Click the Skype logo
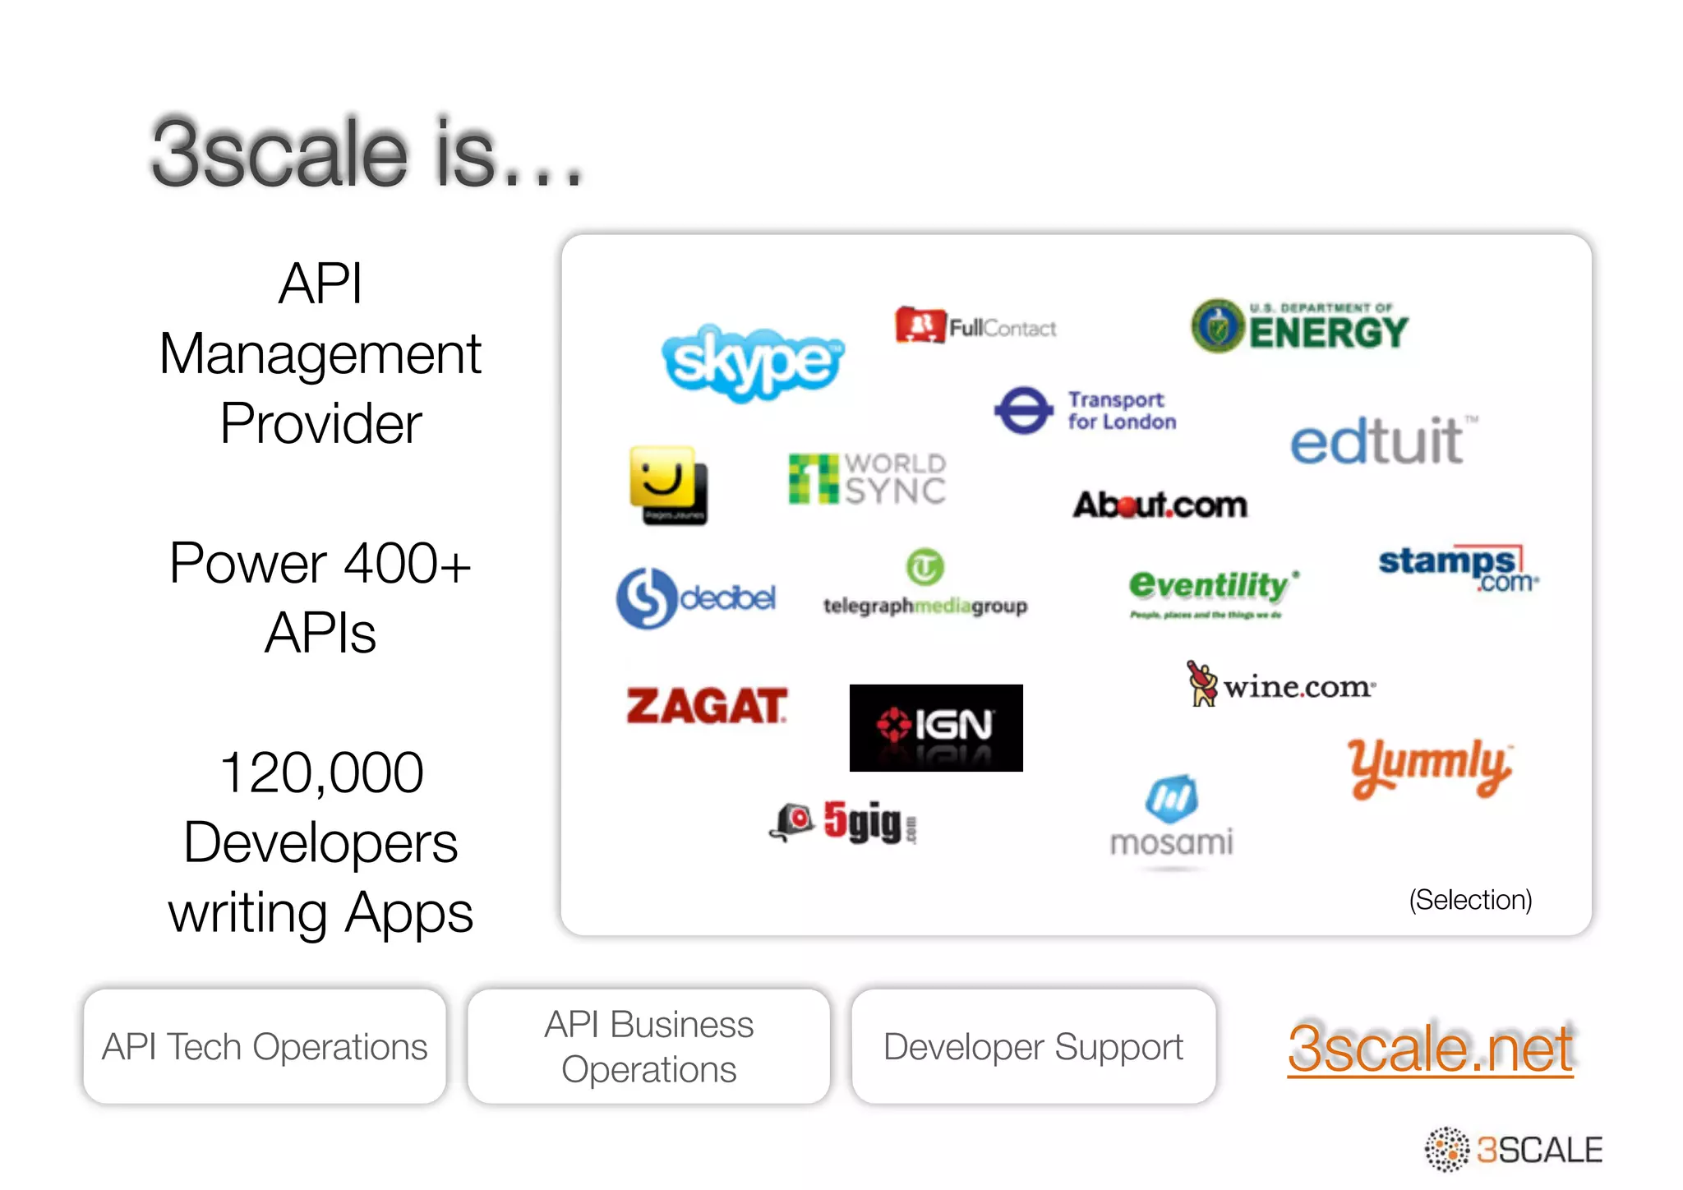tap(752, 362)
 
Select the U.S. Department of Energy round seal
tap(1218, 326)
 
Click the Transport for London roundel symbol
tap(1023, 410)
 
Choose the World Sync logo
tap(867, 478)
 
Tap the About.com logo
tap(1160, 505)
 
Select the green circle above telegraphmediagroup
tap(925, 567)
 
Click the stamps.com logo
tap(1455, 568)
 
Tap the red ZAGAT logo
tap(706, 706)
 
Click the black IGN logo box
tap(936, 727)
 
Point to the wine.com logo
tap(1281, 685)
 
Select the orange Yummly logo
tap(1429, 768)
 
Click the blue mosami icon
tap(1171, 798)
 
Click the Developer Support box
tap(1033, 1046)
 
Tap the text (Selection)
tap(1470, 900)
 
